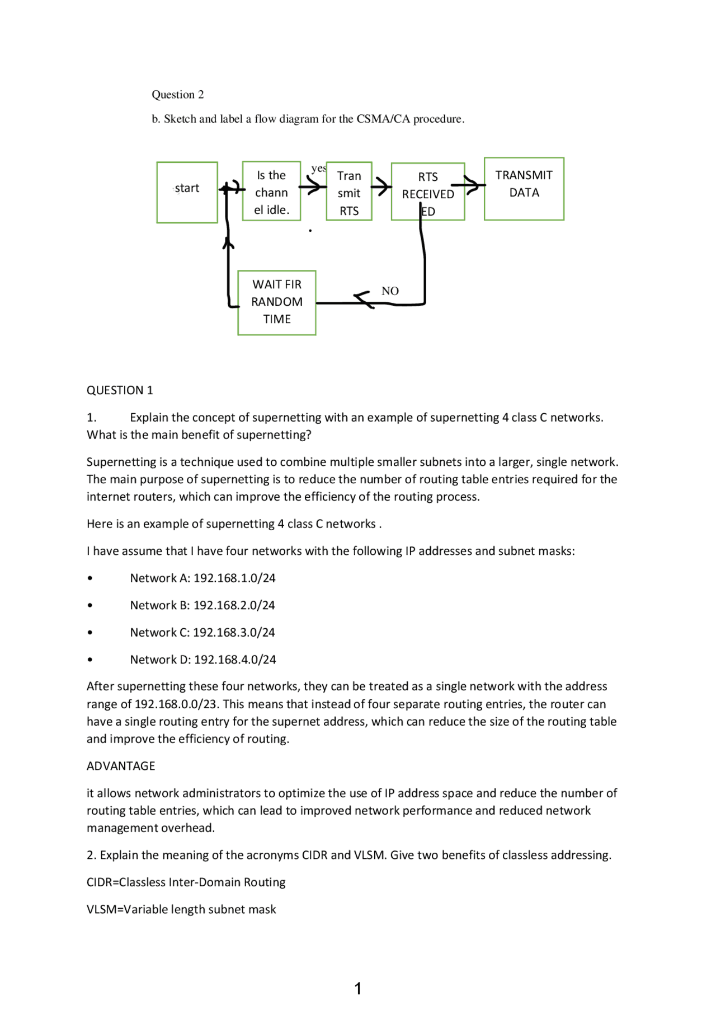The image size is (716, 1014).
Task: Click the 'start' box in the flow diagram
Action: pos(187,192)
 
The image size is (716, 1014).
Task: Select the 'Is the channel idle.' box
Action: pos(271,192)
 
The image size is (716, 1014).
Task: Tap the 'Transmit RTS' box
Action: pos(348,192)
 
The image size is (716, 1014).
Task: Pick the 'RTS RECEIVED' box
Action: pos(427,192)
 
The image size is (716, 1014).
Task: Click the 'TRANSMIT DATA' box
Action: pos(524,189)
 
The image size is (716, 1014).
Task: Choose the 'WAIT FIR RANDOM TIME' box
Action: pos(276,302)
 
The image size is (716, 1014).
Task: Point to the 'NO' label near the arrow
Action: pos(390,291)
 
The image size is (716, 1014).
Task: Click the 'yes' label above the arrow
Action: pos(318,168)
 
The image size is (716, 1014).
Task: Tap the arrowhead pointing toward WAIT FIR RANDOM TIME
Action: pos(362,299)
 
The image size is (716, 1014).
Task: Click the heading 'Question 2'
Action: pos(178,95)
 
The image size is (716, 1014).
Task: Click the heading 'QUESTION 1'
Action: pos(120,390)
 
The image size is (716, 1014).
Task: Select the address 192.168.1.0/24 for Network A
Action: pos(234,578)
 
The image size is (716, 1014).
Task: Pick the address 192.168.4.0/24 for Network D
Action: pos(234,660)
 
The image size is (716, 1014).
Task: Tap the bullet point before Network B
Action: pos(90,606)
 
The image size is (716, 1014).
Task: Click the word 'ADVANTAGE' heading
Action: pos(121,766)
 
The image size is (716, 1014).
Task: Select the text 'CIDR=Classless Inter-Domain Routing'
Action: pos(186,882)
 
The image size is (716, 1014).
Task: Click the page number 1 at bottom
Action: pos(358,988)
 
